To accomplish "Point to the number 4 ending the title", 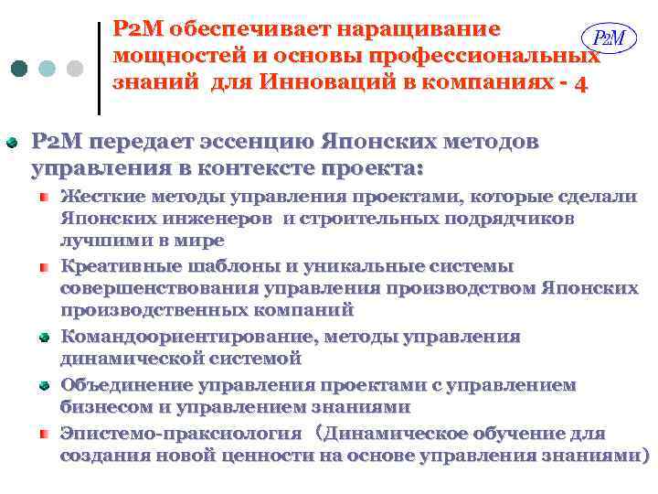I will coord(582,83).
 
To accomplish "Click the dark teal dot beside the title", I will coord(21,70).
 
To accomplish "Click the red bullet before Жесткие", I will coord(43,197).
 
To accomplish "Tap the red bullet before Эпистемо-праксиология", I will coord(43,432).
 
